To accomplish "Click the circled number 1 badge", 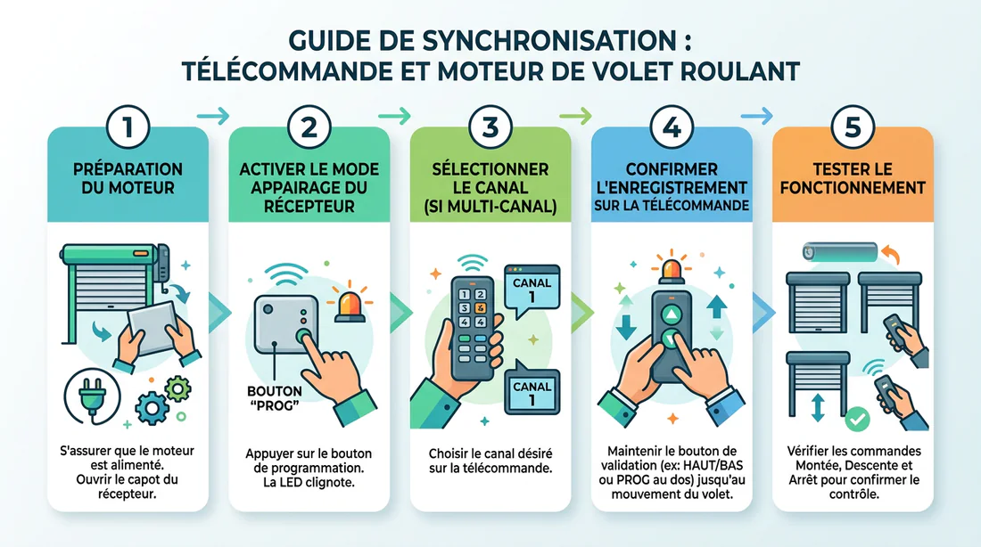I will tap(128, 127).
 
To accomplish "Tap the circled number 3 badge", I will tap(490, 127).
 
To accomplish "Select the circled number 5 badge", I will tap(852, 127).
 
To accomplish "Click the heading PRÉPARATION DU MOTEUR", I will tap(128, 177).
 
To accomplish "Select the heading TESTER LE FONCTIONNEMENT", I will tap(852, 177).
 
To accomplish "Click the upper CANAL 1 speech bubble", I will tap(532, 290).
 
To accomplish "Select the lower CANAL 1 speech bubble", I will tap(532, 393).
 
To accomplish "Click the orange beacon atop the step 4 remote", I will tap(671, 271).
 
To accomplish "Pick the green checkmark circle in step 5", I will tap(857, 416).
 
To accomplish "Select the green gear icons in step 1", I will tap(166, 399).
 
